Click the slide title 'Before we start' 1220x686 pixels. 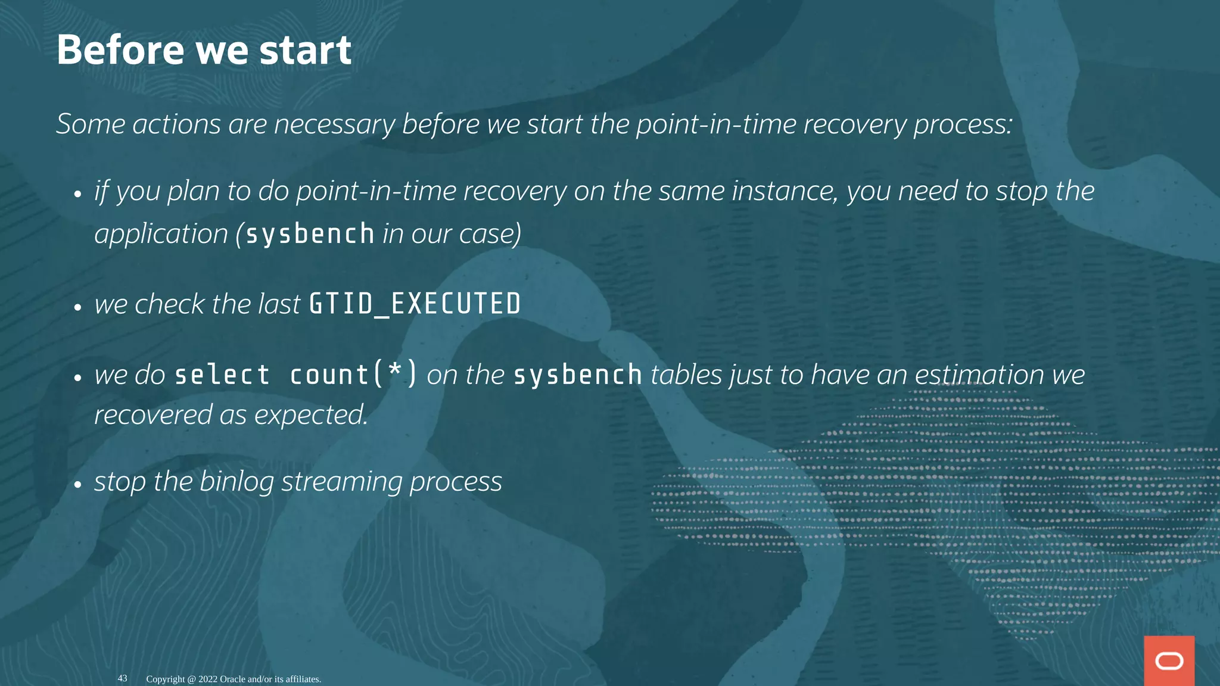click(204, 50)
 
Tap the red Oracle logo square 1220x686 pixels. click(1169, 660)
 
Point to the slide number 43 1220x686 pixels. click(122, 678)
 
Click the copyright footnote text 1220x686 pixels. click(234, 679)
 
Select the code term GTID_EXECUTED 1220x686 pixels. click(415, 304)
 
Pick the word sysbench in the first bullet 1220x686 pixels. click(310, 233)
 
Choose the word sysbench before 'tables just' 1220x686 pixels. click(578, 375)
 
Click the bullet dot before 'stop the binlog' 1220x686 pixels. click(77, 484)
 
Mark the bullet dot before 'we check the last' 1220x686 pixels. click(77, 307)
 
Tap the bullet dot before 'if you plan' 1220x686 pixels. click(77, 194)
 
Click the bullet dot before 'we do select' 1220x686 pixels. click(77, 378)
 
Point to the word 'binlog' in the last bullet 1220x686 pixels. click(236, 482)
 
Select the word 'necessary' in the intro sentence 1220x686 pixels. click(334, 124)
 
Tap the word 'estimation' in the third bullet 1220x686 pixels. click(979, 375)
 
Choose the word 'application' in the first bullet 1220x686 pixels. click(161, 234)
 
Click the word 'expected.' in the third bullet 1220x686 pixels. click(311, 415)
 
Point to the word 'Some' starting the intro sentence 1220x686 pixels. click(91, 124)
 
